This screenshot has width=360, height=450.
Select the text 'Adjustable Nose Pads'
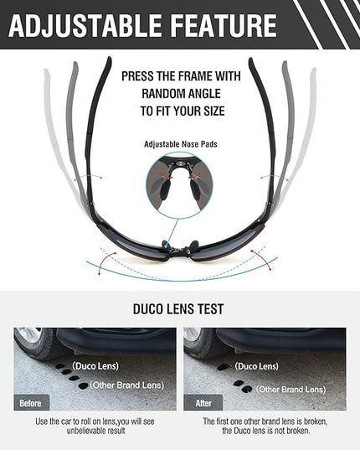tap(181, 144)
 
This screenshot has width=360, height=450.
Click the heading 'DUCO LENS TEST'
tap(178, 309)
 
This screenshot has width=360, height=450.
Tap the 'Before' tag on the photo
tap(30, 403)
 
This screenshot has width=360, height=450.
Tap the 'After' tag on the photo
tap(203, 403)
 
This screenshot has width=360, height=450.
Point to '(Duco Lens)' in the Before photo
tap(95, 366)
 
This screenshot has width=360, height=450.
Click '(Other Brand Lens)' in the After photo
tap(291, 390)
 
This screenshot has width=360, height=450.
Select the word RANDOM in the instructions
tap(163, 94)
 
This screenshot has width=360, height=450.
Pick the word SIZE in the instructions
tap(214, 111)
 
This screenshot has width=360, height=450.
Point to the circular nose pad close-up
tap(180, 185)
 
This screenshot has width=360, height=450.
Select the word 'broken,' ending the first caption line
tap(316, 422)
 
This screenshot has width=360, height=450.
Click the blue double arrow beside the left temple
tap(88, 177)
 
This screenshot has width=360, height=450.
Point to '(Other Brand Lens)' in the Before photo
tap(127, 385)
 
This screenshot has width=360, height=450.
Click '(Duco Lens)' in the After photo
tap(256, 366)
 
